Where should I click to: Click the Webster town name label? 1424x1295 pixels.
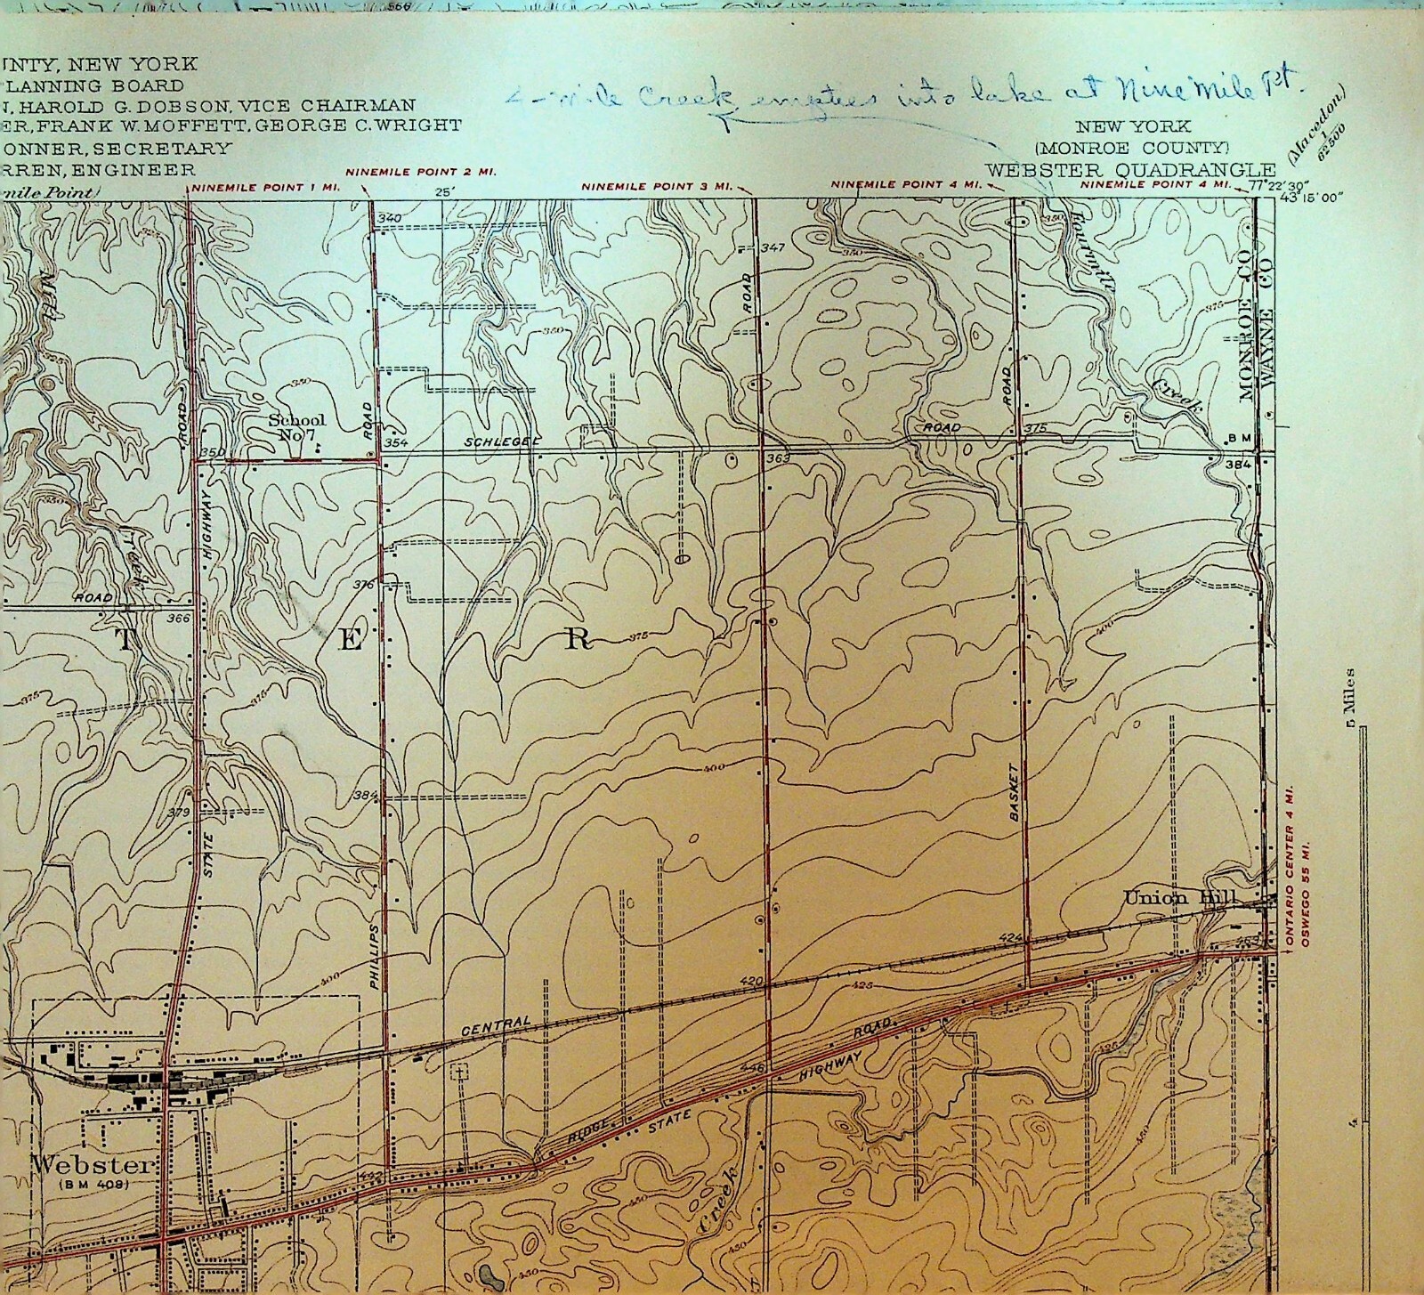pos(93,1164)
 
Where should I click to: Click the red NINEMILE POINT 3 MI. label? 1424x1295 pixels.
pos(657,186)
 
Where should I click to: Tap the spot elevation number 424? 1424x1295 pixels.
pos(1012,938)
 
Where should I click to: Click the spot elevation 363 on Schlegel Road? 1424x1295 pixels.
pos(777,457)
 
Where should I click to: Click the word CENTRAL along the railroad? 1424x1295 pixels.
pos(496,1023)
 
